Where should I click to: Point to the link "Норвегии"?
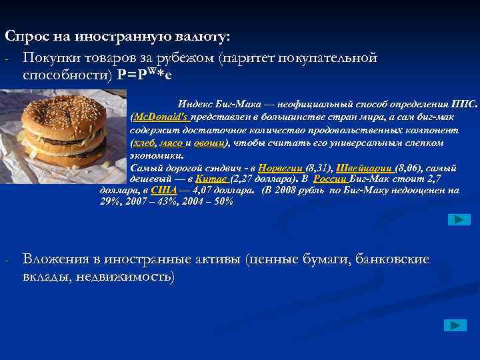(x=280, y=167)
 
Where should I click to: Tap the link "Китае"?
(x=212, y=179)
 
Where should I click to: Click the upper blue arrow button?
(x=459, y=219)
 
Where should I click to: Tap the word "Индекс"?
(x=195, y=104)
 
